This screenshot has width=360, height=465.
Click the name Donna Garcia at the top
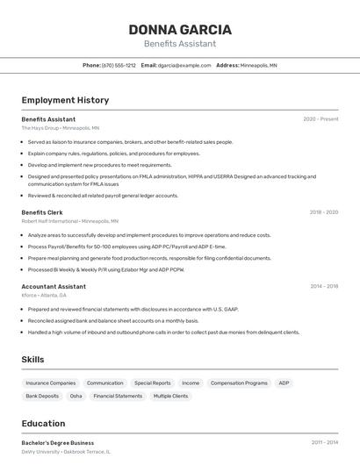pos(180,29)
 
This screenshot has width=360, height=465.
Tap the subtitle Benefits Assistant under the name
pos(180,44)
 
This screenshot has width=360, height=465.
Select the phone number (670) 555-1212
pos(119,65)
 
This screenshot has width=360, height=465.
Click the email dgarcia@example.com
pos(184,65)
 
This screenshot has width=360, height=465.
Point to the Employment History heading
pos(65,100)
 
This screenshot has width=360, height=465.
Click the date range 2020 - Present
pos(320,118)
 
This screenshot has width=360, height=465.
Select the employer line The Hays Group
pos(40,127)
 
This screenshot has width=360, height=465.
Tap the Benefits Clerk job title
pos(42,212)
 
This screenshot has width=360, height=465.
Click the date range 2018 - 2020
pos(323,212)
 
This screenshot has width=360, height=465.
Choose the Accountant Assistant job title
pos(54,286)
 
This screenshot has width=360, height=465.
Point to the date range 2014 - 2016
pos(324,286)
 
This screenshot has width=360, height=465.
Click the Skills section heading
pos(33,359)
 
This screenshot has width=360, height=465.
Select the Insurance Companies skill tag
pos(51,383)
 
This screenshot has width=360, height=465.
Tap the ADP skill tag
pos(284,383)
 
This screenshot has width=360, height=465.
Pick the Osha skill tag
pos(76,396)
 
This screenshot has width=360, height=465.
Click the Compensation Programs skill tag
pos(239,383)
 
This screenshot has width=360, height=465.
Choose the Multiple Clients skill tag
pos(170,396)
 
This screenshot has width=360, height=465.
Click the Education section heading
pos(44,423)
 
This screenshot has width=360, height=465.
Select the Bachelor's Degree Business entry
pos(58,443)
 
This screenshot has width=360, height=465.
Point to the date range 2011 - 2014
pos(324,443)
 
